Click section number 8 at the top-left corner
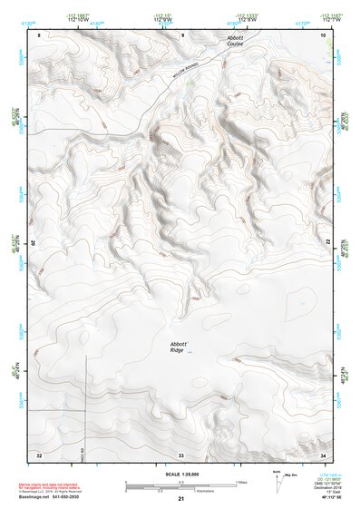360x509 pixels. [39, 34]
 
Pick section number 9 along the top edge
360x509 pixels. [182, 34]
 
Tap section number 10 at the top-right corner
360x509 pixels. [324, 34]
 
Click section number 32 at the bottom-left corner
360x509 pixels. [39, 455]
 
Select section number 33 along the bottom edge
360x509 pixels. [181, 455]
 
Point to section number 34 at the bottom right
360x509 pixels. [324, 455]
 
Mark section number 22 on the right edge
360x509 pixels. [328, 242]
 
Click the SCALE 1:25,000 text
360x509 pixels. [180, 475]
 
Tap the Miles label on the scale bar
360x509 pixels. [242, 481]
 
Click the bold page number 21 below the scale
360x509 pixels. [181, 500]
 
